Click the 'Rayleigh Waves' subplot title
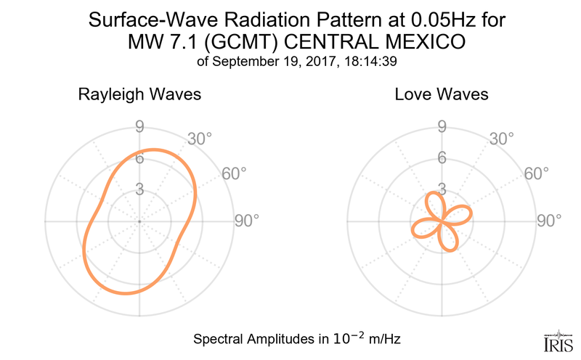pyautogui.click(x=139, y=95)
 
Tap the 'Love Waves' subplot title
pyautogui.click(x=442, y=95)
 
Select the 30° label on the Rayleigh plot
pyautogui.click(x=200, y=138)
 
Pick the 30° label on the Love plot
pyautogui.click(x=501, y=138)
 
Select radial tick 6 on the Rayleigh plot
pyautogui.click(x=139, y=159)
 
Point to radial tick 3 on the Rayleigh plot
pyautogui.click(x=139, y=190)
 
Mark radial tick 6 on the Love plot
pyautogui.click(x=441, y=159)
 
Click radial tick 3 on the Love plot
pyautogui.click(x=441, y=190)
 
